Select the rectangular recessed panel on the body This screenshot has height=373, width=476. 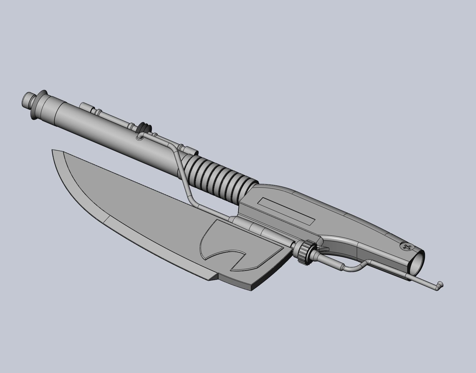coord(286,211)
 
